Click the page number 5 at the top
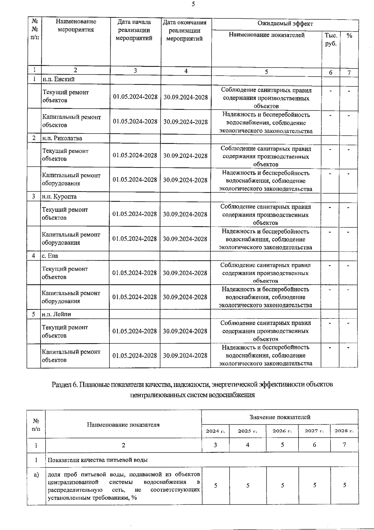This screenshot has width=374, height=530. pos(193,4)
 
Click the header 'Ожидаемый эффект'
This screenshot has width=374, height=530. pos(285,24)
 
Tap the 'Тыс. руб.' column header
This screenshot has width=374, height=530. pos(331,40)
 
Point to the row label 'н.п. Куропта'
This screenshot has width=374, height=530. pos(59,196)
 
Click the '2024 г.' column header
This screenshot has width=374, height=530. pos(215,431)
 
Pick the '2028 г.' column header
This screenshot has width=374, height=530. pos(344,431)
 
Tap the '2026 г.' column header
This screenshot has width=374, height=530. pos(282,431)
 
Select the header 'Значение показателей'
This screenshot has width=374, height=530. pos(280,417)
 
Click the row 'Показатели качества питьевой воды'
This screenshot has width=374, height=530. pos(97,460)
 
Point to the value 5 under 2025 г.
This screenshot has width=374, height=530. pos(248,485)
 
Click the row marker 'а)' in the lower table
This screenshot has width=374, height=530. pos(36,475)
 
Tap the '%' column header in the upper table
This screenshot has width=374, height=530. pos(349,35)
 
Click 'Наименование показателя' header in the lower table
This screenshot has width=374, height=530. pos(123,425)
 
